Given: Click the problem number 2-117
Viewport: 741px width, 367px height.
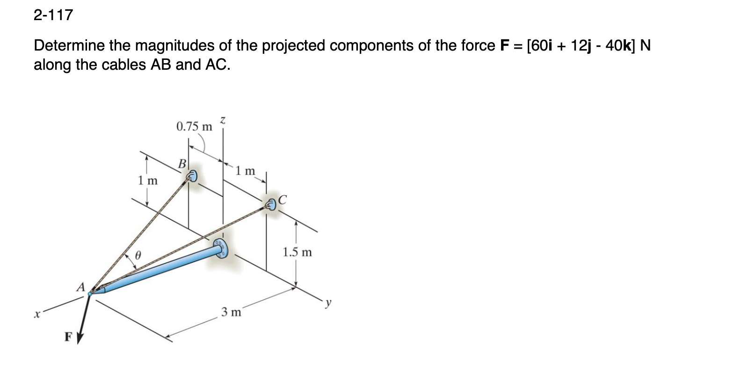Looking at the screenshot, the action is tap(53, 15).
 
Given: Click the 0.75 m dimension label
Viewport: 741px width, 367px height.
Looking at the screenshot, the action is tap(194, 126).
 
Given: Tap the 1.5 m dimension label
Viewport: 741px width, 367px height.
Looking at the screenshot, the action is tap(297, 252).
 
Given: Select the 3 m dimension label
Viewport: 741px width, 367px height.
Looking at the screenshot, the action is tap(232, 312).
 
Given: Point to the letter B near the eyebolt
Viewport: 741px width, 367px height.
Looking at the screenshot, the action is tap(182, 164).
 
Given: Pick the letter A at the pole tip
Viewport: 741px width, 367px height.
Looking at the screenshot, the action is tap(81, 286).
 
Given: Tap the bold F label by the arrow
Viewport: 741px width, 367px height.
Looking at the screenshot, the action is tap(68, 337).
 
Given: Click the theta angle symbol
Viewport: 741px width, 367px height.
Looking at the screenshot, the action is tap(138, 256).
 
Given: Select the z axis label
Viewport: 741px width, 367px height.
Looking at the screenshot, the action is tap(223, 121).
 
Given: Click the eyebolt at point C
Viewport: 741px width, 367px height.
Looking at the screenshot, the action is tap(271, 204).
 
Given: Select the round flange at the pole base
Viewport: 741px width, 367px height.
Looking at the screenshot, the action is tap(219, 248).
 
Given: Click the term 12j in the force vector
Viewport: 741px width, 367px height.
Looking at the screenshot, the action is tap(581, 45).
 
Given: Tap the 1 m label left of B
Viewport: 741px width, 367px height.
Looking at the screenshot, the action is tap(148, 180).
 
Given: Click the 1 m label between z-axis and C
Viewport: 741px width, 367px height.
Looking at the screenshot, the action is tap(246, 171).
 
